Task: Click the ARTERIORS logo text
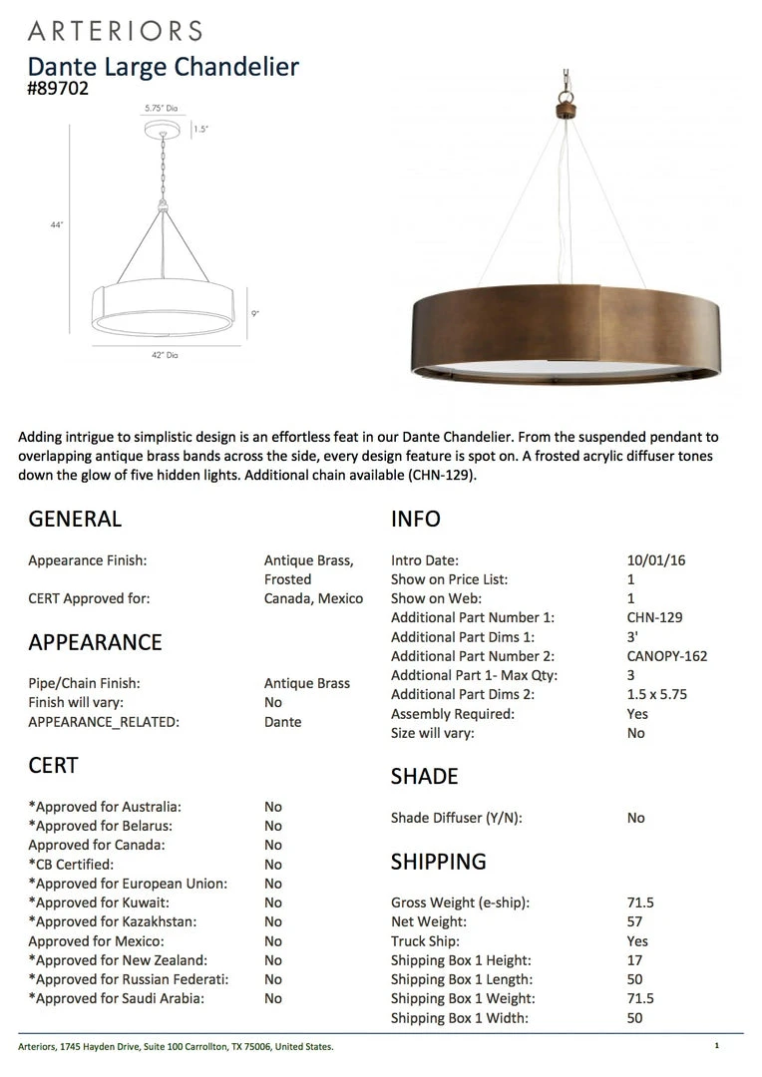(x=115, y=30)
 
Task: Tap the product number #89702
(x=59, y=89)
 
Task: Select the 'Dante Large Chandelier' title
(x=163, y=67)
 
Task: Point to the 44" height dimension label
(x=57, y=225)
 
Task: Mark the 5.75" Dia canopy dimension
(x=160, y=108)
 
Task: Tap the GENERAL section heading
(x=75, y=519)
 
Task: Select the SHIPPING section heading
(x=438, y=862)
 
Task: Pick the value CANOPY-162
(x=667, y=656)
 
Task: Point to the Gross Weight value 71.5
(x=640, y=902)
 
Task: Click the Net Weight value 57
(x=635, y=921)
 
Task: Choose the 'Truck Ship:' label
(x=425, y=941)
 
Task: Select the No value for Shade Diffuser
(x=636, y=818)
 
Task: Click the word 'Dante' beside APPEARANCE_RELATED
(x=282, y=722)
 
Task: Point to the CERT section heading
(x=53, y=765)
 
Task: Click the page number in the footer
(x=716, y=1046)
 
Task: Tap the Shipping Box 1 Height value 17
(x=635, y=960)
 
